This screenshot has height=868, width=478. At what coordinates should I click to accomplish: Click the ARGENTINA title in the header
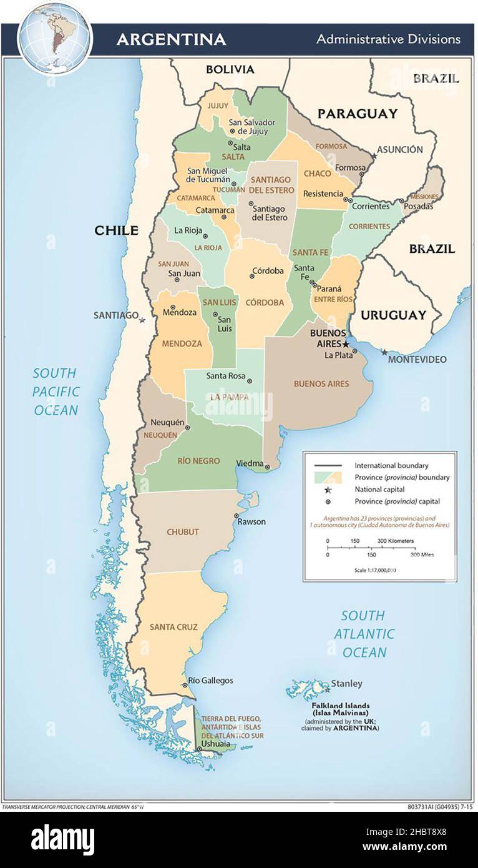pyautogui.click(x=171, y=39)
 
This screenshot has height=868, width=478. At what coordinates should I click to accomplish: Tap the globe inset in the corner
pyautogui.click(x=55, y=36)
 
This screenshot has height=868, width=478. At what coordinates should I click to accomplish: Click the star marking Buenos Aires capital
pyautogui.click(x=346, y=344)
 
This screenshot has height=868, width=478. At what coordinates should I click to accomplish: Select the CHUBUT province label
pyautogui.click(x=182, y=532)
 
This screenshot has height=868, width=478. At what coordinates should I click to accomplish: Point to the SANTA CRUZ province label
pyautogui.click(x=173, y=626)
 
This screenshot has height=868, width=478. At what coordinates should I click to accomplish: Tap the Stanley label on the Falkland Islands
pyautogui.click(x=346, y=683)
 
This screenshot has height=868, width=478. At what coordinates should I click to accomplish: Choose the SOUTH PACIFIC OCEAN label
pyautogui.click(x=56, y=392)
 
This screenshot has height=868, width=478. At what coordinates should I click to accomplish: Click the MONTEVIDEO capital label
pyautogui.click(x=417, y=360)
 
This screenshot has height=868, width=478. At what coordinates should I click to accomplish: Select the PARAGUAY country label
pyautogui.click(x=357, y=113)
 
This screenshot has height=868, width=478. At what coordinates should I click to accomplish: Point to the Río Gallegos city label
pyautogui.click(x=211, y=680)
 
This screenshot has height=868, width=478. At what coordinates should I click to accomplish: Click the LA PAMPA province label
pyautogui.click(x=229, y=397)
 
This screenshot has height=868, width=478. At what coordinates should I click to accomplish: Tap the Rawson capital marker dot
pyautogui.click(x=237, y=516)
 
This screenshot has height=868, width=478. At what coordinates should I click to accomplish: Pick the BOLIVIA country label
pyautogui.click(x=230, y=69)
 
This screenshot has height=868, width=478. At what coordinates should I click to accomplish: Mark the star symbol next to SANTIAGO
pyautogui.click(x=142, y=320)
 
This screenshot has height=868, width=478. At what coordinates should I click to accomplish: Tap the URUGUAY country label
pyautogui.click(x=393, y=315)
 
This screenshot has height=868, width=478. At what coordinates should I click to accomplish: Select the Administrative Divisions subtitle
pyautogui.click(x=388, y=39)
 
